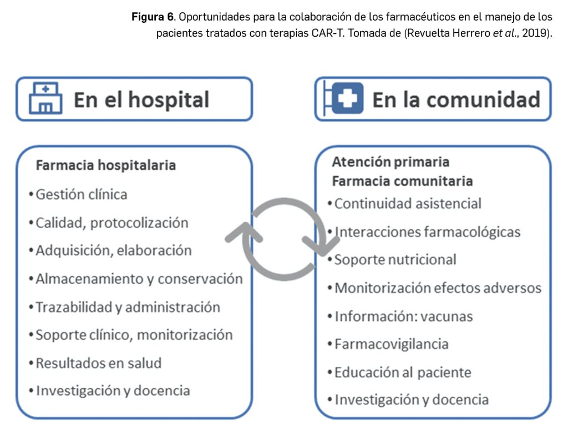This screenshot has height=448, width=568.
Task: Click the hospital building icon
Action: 45,98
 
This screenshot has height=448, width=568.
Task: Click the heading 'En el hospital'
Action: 141,100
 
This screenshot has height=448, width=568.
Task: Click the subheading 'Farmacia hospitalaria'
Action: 106,165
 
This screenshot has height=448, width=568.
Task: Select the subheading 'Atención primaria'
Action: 390,162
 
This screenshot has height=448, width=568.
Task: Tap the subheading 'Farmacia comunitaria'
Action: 402,181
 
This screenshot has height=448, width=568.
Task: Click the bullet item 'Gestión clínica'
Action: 82,194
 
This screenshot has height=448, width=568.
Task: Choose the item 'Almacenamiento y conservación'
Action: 139,279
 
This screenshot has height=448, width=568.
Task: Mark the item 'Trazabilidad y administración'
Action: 128,307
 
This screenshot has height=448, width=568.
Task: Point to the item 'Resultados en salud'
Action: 99,363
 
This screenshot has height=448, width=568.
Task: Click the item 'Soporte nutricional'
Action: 395,259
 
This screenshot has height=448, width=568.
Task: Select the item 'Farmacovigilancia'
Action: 392,344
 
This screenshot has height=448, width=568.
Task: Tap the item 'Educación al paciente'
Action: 403,372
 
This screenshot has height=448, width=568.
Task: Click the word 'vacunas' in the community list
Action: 447,316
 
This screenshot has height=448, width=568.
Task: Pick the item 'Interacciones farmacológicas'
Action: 427,231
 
